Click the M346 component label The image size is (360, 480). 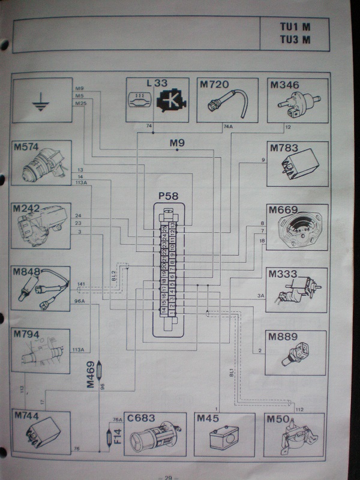click(285, 85)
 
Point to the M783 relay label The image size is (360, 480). click(285, 148)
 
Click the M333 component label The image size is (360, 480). click(284, 274)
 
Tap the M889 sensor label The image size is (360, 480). click(284, 337)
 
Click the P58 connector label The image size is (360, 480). click(170, 196)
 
